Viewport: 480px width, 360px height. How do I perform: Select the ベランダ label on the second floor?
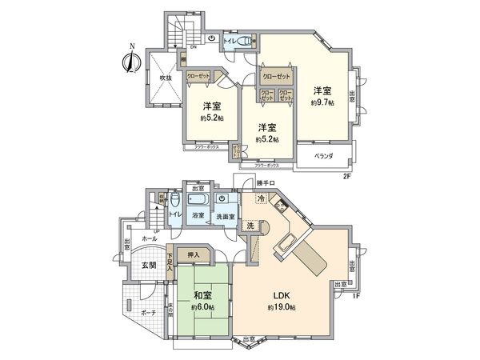tap(322, 155)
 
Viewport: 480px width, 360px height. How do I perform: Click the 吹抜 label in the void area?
tap(165, 78)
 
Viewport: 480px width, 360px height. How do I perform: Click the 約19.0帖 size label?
tap(282, 307)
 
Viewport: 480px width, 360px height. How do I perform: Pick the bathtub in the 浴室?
tap(198, 200)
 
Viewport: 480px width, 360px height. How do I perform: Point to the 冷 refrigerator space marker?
tap(261, 198)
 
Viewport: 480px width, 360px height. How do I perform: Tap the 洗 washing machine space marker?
tap(250, 226)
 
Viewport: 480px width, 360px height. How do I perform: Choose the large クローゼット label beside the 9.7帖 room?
tap(277, 78)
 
